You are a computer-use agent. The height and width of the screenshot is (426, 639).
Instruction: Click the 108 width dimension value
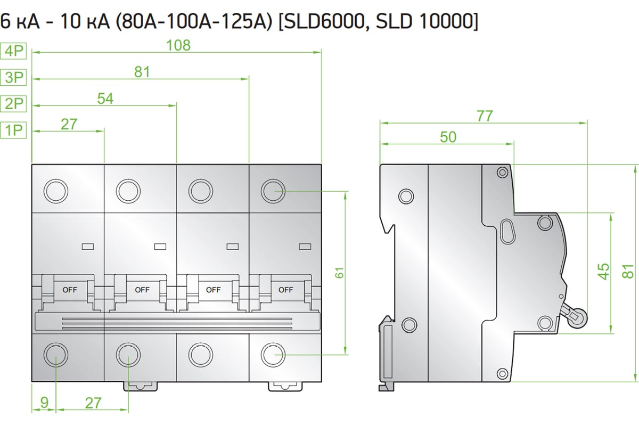178,45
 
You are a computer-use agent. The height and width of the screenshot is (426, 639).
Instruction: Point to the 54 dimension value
105,98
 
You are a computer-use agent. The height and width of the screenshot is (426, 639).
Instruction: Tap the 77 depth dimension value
485,116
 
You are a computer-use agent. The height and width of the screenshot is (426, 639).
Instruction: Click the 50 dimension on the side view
448,137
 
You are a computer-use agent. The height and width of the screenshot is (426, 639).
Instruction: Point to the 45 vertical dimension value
604,272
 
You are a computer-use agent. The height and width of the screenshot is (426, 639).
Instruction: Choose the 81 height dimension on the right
630,272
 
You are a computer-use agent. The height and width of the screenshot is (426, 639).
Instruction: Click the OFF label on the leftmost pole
70,290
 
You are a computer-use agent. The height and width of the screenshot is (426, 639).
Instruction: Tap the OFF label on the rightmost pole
286,290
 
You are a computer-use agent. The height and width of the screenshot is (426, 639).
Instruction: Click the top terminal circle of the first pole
55,190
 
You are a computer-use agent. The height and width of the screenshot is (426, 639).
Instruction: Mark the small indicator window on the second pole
160,246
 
